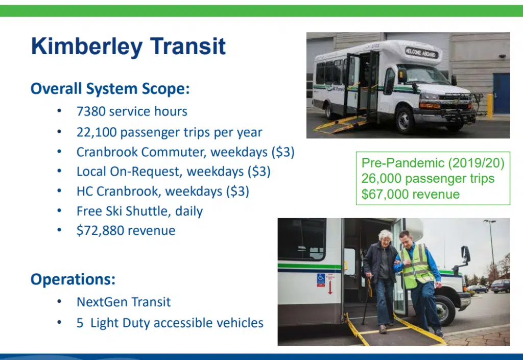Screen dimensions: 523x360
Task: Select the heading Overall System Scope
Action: tap(110, 89)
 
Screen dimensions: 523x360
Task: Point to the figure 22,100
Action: tap(96, 132)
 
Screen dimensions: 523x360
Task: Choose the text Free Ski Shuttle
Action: tap(124, 211)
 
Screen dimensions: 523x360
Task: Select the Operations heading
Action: tap(73, 279)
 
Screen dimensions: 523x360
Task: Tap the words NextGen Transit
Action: tap(124, 302)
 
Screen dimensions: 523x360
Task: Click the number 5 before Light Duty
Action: tap(80, 323)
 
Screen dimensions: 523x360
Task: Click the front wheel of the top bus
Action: tap(405, 119)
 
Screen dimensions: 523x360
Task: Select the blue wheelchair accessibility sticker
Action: tap(321, 279)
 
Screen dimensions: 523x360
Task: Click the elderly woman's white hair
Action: tap(385, 235)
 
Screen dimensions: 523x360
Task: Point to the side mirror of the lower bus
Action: tap(466, 254)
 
